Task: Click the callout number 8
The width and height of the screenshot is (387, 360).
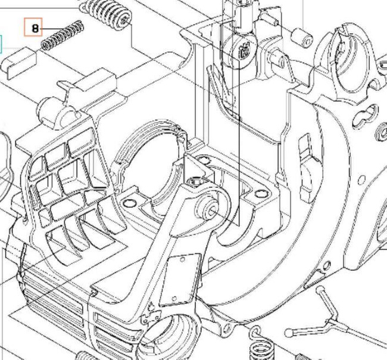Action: [35, 28]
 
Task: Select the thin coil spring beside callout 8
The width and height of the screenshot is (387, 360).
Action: [62, 36]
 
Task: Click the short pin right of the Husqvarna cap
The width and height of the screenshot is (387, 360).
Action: [278, 58]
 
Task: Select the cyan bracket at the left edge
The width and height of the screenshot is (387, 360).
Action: [1, 43]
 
